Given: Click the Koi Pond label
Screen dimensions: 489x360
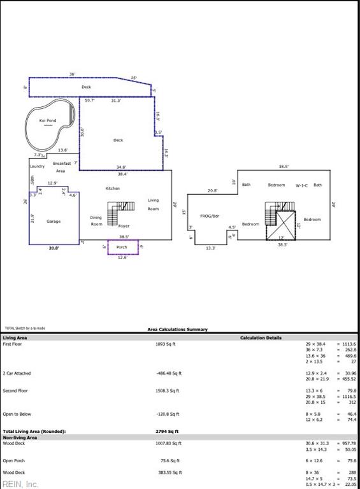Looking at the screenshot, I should (48, 120).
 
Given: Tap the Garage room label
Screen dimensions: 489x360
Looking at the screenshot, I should (54, 222).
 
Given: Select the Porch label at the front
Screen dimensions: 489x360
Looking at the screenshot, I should (122, 247).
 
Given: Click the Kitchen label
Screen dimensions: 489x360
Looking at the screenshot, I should (113, 188).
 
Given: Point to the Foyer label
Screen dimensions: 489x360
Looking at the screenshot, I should (124, 226).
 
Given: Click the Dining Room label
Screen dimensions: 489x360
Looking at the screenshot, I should (96, 221).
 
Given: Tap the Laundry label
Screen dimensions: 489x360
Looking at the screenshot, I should (37, 166).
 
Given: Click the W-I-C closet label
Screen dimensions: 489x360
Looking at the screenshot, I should (301, 185).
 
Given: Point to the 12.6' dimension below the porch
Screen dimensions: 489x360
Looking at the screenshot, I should (122, 257).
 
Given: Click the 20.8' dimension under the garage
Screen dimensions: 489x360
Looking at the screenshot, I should (54, 248).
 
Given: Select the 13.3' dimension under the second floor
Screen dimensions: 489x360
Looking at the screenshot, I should (211, 248).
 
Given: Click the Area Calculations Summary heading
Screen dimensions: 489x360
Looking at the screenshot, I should (178, 329).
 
